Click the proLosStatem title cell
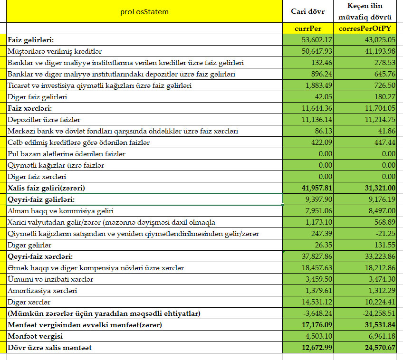tap(144, 11)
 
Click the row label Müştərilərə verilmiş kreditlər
tap(55, 51)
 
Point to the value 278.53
tap(383, 62)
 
